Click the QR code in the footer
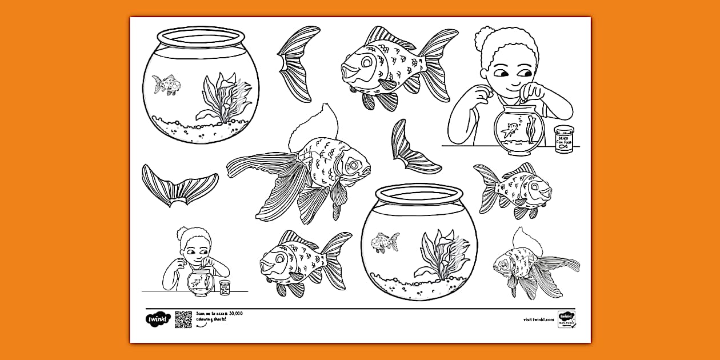(x=183, y=320)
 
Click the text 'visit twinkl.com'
(x=538, y=320)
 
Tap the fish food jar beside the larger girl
(x=563, y=139)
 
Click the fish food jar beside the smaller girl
(x=224, y=287)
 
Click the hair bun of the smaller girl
(x=182, y=233)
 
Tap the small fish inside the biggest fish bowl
(x=167, y=85)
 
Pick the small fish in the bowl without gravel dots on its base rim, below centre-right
(x=385, y=242)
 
